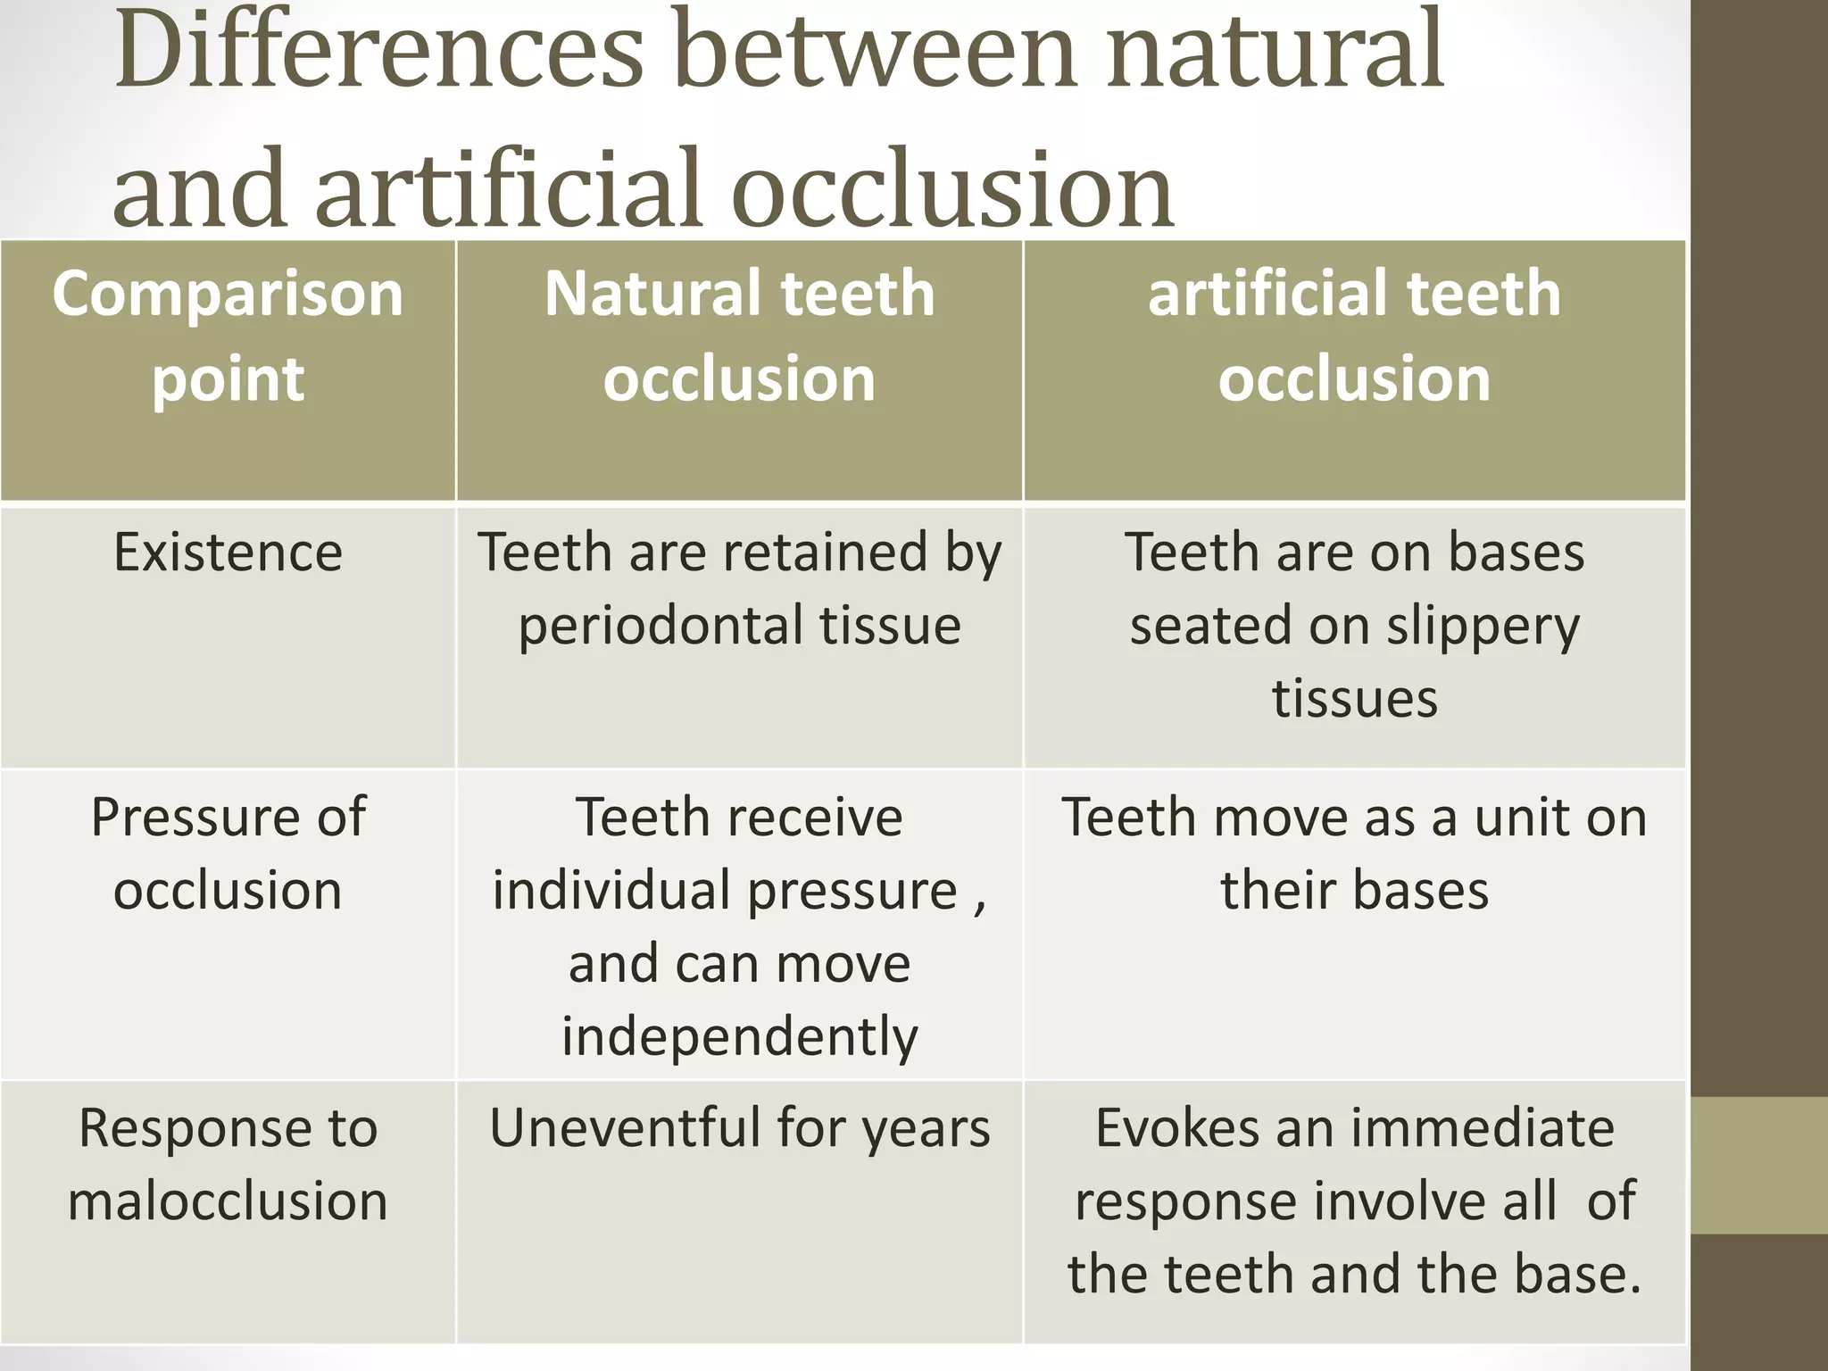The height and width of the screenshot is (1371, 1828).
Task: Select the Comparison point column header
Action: click(x=228, y=336)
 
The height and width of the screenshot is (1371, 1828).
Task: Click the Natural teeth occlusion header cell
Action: click(x=739, y=336)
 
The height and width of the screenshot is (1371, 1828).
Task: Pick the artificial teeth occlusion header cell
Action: click(x=1354, y=336)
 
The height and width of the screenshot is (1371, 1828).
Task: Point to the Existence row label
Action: click(x=228, y=553)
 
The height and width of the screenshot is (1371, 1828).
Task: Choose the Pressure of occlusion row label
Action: click(x=228, y=853)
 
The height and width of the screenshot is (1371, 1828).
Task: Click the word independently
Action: click(x=739, y=1036)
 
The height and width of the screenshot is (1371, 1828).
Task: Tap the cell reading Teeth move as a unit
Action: click(x=1354, y=853)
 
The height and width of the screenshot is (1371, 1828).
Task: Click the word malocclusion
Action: click(x=228, y=1201)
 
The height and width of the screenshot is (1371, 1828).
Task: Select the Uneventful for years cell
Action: click(x=739, y=1128)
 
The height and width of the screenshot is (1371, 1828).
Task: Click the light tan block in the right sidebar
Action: click(x=1758, y=1166)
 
